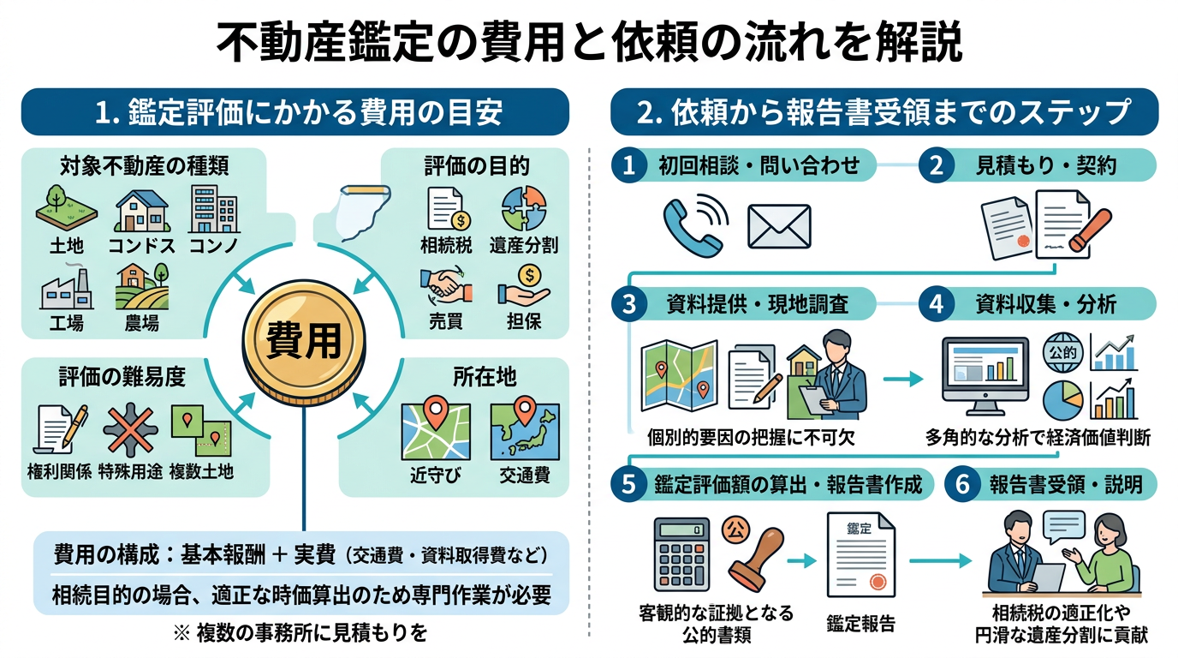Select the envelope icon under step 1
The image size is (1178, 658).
778,225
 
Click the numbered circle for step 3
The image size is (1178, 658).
629,305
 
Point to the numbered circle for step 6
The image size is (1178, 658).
962,484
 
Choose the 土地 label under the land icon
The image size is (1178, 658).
67,246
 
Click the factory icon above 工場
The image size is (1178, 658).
66,290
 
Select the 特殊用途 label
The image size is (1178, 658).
130,471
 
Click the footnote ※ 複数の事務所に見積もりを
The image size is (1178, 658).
300,634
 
